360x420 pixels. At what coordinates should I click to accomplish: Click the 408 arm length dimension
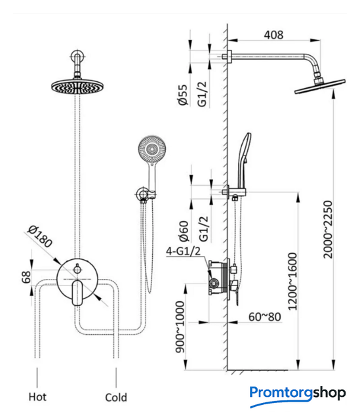273,35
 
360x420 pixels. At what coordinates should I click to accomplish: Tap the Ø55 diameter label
183,94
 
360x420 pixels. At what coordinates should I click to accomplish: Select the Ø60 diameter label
184,231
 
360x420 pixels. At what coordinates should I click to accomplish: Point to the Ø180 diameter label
40,236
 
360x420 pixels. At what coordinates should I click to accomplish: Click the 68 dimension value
26,277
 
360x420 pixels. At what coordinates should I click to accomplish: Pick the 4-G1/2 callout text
183,251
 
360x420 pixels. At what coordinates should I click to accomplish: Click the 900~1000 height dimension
180,327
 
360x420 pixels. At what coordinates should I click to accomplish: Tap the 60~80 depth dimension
264,317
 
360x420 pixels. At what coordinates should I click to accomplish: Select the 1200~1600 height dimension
292,282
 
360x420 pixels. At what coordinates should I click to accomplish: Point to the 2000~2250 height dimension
328,229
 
